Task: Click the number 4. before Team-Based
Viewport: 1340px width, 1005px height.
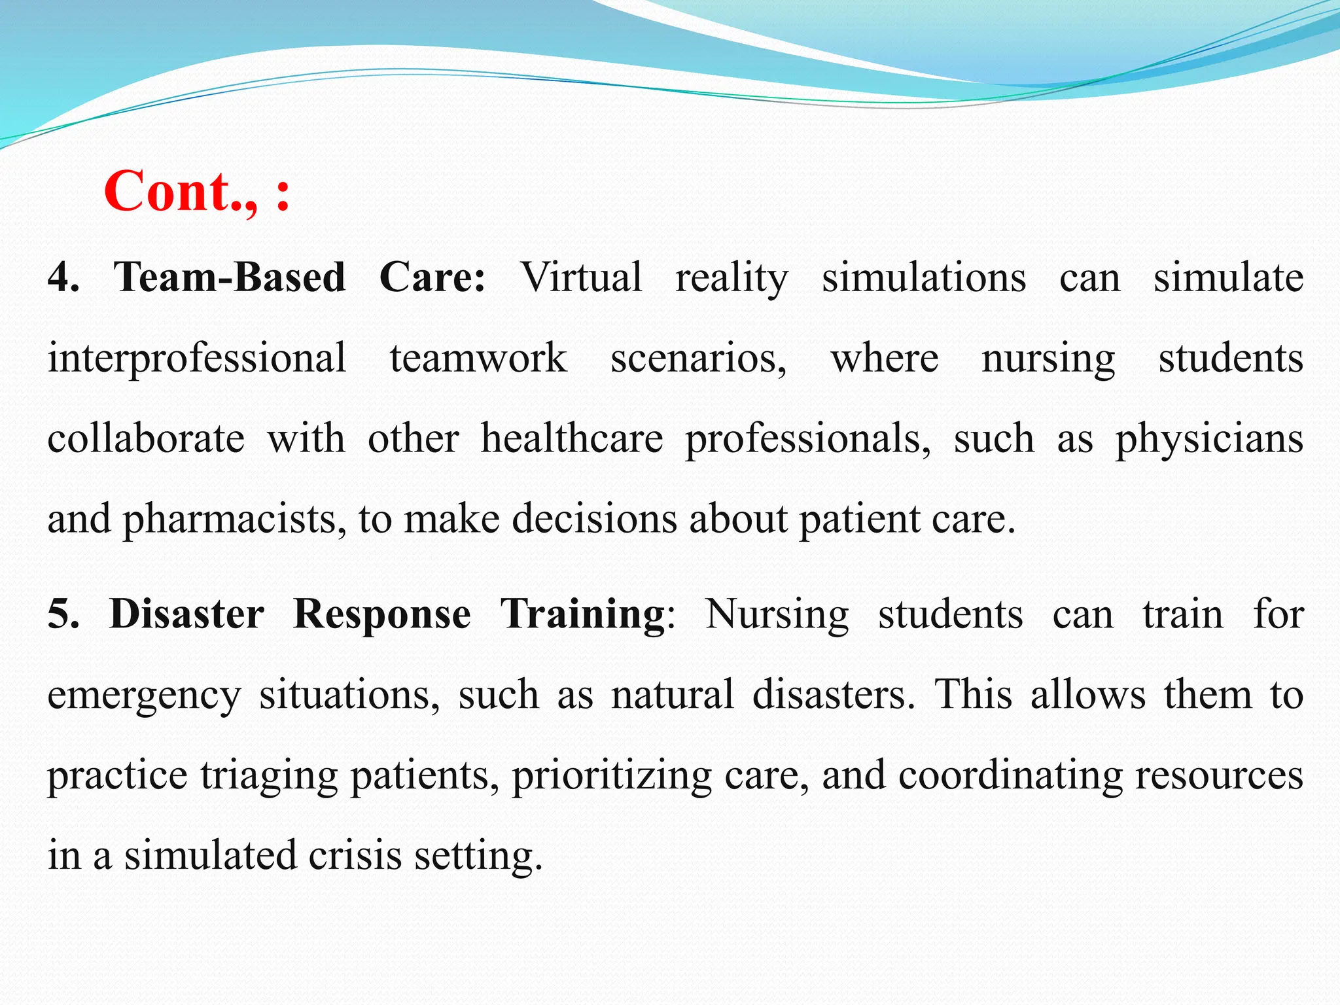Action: [x=63, y=277]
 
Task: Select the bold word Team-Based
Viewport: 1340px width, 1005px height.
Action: [x=230, y=277]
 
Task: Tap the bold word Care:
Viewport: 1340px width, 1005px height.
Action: [x=432, y=277]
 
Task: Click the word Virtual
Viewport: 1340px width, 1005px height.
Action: [x=581, y=277]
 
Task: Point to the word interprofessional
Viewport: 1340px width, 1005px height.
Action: [x=196, y=359]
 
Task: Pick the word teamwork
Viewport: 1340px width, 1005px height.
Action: [x=478, y=359]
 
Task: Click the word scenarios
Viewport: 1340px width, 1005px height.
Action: [x=698, y=359]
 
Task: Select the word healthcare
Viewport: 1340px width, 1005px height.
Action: [x=572, y=438]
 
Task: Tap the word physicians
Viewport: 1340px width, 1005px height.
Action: [x=1209, y=438]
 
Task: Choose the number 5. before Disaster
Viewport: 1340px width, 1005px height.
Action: [x=63, y=614]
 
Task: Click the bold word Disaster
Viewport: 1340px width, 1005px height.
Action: [x=186, y=614]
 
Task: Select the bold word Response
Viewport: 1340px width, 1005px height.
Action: [x=381, y=614]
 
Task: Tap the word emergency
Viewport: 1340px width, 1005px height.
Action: [x=144, y=696]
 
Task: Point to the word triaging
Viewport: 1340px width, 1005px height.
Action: [x=269, y=776]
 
